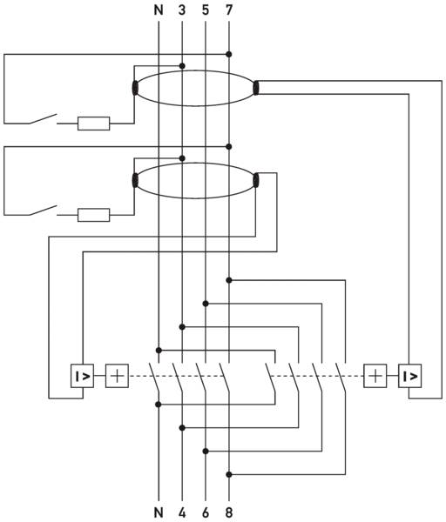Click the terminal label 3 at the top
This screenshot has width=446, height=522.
(182, 10)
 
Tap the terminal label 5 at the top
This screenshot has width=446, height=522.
(206, 10)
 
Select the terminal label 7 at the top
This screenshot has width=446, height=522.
(229, 10)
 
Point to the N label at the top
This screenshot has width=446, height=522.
(159, 10)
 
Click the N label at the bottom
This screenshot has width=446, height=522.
(159, 512)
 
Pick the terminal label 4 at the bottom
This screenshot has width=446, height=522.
(182, 512)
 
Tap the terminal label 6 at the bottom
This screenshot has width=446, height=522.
(206, 512)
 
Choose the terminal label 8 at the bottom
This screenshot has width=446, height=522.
(229, 512)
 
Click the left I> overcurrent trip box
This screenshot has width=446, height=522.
(83, 376)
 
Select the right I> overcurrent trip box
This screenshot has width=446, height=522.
(409, 376)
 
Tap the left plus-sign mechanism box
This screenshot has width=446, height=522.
(117, 376)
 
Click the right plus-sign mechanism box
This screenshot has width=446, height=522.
(375, 376)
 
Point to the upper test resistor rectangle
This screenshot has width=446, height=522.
(94, 124)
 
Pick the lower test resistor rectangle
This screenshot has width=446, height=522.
(94, 215)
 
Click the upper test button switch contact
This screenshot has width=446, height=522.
(43, 119)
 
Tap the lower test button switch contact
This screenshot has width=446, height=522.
(43, 211)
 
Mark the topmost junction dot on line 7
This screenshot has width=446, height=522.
(229, 54)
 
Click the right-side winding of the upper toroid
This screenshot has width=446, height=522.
(256, 88)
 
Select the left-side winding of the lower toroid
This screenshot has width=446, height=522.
(135, 180)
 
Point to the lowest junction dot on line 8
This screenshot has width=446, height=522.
(229, 474)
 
